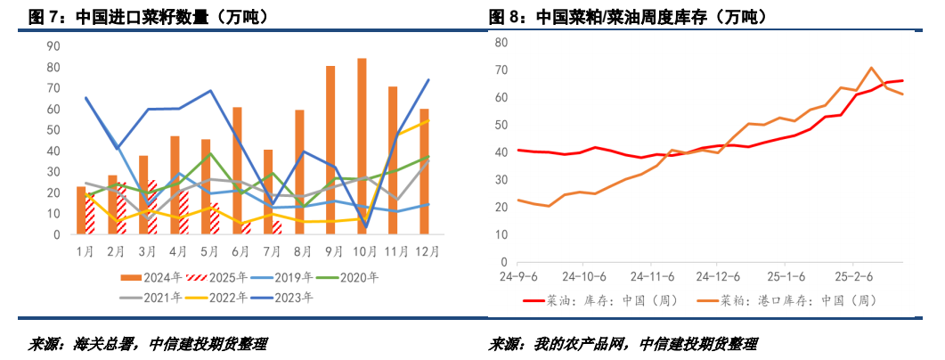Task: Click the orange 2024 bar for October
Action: (362, 147)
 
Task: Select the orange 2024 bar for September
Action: (330, 151)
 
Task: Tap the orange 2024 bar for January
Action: (81, 211)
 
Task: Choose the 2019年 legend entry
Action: (293, 277)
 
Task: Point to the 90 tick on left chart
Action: (53, 46)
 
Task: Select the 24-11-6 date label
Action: (650, 276)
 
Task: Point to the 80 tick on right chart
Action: (501, 43)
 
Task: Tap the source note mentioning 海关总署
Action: (148, 344)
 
